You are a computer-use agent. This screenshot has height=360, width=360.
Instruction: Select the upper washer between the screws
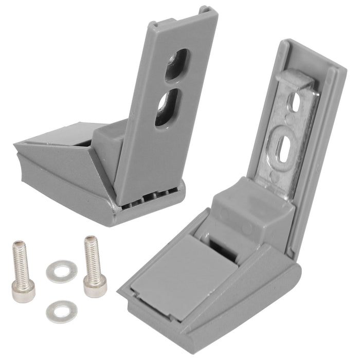[61, 271]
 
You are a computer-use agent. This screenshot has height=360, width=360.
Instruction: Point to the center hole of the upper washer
[61, 271]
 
